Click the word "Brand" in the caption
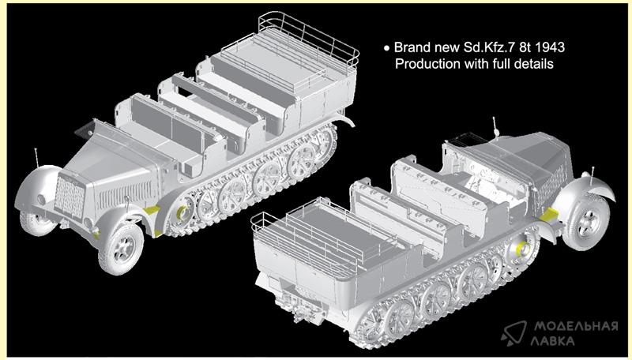413,47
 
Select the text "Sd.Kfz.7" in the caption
486,47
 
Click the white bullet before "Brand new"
387,48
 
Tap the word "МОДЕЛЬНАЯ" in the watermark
576,326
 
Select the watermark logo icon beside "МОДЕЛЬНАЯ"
514,333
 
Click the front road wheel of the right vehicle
585,223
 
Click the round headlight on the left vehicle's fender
41,199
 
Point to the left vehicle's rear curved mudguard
344,119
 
